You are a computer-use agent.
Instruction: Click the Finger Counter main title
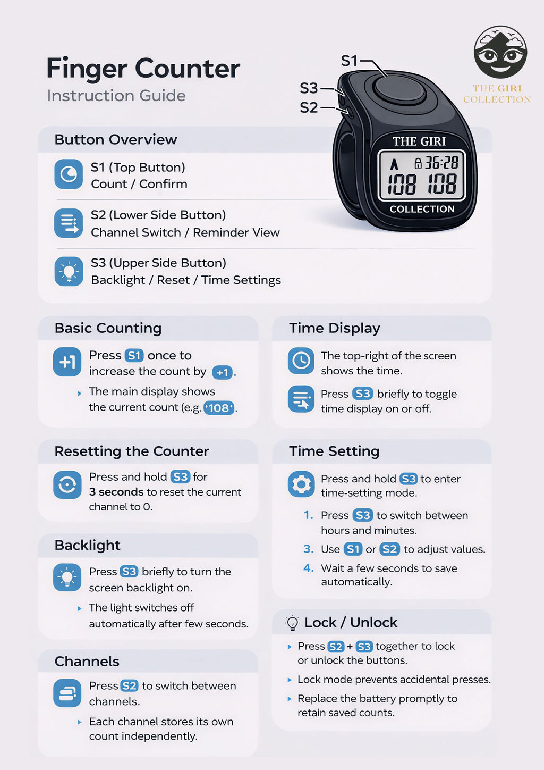click(x=143, y=69)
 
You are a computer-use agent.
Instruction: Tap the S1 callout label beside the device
click(x=349, y=61)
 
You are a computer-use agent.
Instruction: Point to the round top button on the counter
click(x=399, y=89)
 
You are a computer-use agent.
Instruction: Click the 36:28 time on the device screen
click(x=441, y=163)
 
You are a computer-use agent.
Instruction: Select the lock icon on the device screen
click(x=418, y=163)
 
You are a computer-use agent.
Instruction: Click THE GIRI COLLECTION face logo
click(x=500, y=53)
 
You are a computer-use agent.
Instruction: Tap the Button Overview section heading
click(x=116, y=139)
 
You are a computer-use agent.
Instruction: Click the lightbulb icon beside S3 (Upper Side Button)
click(x=69, y=272)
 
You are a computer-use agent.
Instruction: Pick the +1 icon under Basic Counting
click(x=67, y=362)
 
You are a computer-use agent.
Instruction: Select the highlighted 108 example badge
click(x=219, y=408)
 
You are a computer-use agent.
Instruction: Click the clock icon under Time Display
click(x=301, y=361)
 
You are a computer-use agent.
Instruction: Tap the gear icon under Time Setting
click(x=301, y=484)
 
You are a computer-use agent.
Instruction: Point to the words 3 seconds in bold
click(x=116, y=492)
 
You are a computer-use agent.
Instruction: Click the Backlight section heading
click(x=88, y=545)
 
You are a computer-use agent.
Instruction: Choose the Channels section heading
click(x=87, y=661)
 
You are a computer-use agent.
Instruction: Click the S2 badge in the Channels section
click(x=129, y=686)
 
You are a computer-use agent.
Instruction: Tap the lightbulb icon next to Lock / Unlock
click(x=292, y=623)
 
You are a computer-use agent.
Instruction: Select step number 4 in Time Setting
click(x=309, y=568)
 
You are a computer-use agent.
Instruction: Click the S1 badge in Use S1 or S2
click(x=353, y=549)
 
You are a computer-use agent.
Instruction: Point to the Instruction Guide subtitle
click(x=116, y=96)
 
